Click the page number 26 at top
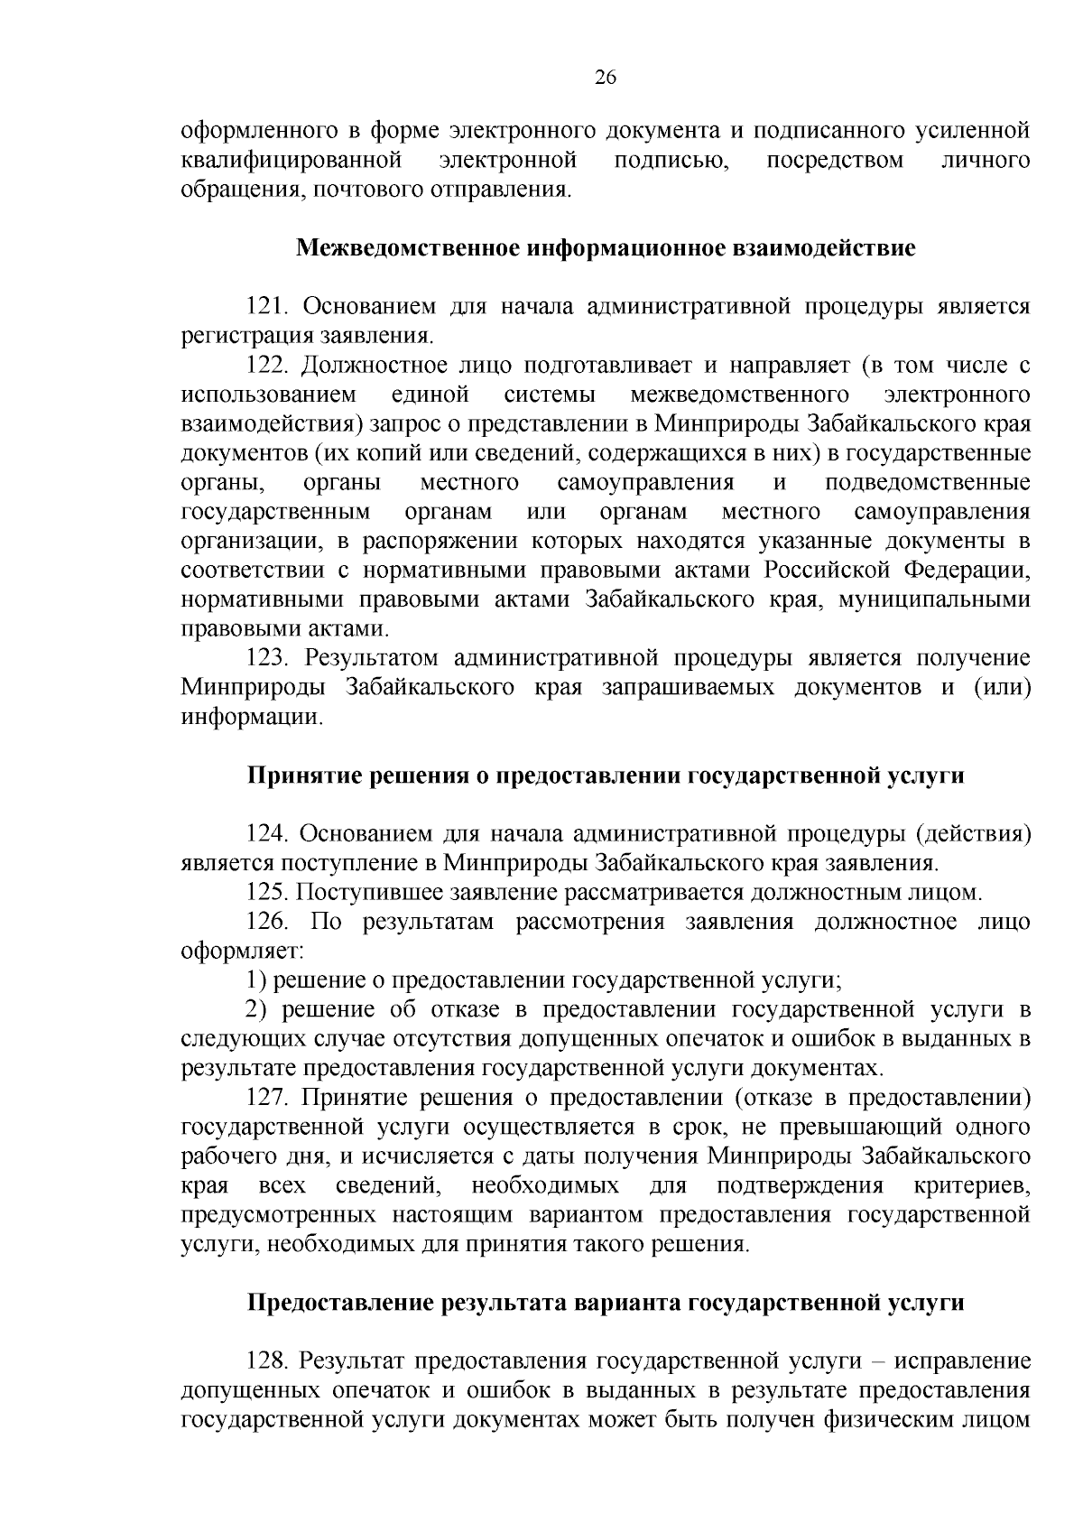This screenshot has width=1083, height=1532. point(606,78)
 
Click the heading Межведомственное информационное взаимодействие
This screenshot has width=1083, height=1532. point(606,247)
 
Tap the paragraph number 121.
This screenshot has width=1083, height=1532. point(267,307)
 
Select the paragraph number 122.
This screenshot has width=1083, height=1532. point(267,366)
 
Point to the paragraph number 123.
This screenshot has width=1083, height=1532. point(267,658)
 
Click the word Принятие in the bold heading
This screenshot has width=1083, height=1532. point(301,775)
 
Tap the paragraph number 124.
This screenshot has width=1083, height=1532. point(267,834)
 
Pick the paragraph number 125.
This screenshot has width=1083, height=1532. point(267,893)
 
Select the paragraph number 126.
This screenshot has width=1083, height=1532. point(267,922)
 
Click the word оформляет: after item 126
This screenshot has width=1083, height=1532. point(243,952)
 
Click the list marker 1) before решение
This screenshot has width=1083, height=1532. point(256,980)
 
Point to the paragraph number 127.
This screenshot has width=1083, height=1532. point(267,1098)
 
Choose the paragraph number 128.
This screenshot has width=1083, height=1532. point(267,1361)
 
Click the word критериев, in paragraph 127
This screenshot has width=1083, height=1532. point(971,1185)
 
